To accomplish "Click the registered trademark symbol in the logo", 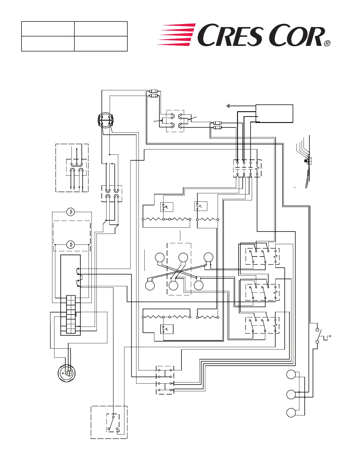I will click(327, 44).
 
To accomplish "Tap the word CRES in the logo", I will click(229, 35).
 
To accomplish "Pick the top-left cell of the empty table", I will click(48, 29).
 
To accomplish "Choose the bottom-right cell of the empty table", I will click(101, 44).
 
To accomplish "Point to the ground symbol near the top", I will click(228, 106).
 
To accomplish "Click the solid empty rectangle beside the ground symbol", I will click(274, 114).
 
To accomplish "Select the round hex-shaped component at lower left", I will click(67, 373).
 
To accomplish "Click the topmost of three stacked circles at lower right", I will click(291, 375).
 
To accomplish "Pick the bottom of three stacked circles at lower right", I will click(291, 412).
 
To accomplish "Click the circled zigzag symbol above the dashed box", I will click(71, 212).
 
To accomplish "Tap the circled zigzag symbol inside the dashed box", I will click(71, 244).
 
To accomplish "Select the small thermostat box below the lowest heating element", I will click(167, 329).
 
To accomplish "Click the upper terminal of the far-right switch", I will click(317, 330).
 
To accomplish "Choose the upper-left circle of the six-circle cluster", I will click(160, 257).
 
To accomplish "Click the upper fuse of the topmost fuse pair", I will click(154, 91).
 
